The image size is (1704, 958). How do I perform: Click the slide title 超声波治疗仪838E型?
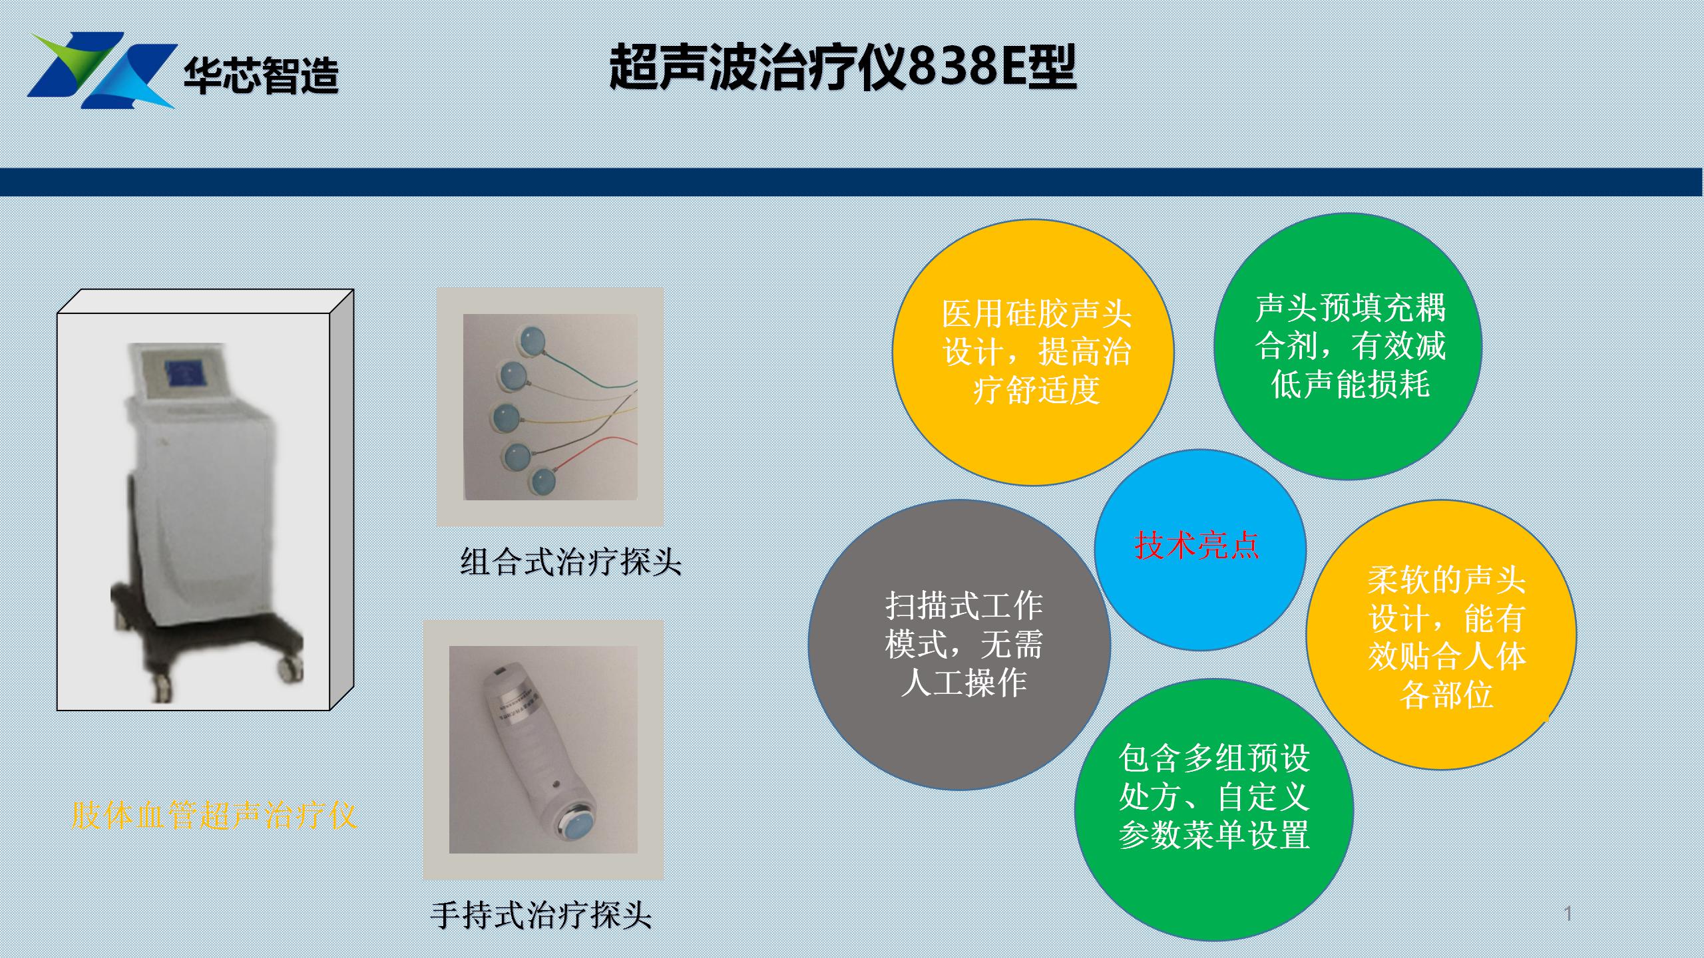click(843, 67)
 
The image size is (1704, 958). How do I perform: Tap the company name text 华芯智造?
click(261, 77)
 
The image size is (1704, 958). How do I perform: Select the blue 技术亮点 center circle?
click(1200, 550)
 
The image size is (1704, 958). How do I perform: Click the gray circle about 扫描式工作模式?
click(959, 645)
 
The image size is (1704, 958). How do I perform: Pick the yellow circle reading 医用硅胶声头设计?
click(1032, 352)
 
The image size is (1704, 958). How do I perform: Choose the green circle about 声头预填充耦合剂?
click(1348, 346)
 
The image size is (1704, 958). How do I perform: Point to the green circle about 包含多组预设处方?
click(1214, 809)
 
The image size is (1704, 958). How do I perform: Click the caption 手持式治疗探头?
click(541, 915)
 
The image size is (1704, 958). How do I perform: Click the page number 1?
click(1568, 913)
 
